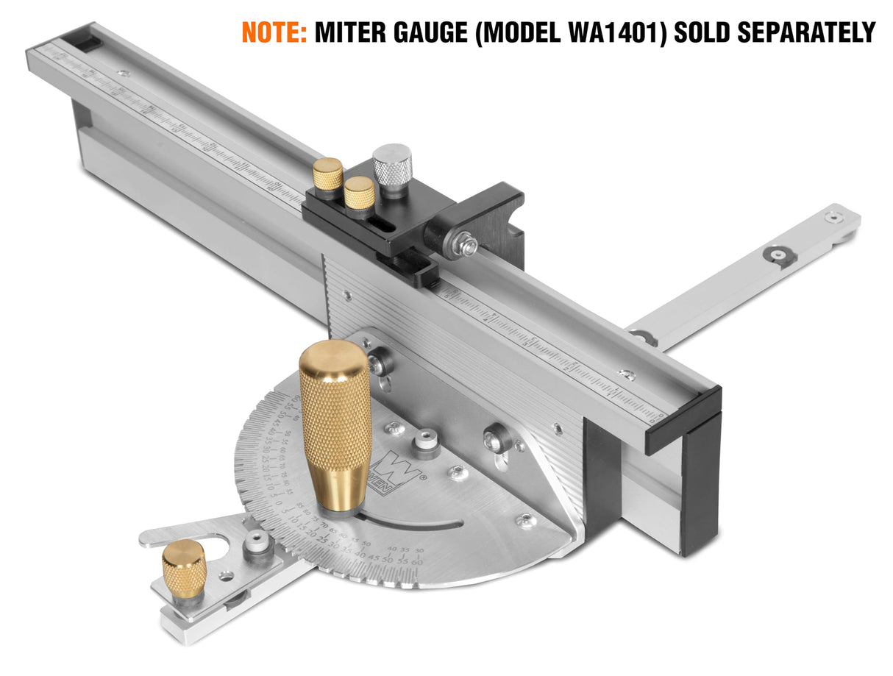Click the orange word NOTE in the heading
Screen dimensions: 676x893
pyautogui.click(x=274, y=32)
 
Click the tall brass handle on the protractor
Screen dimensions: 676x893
pyautogui.click(x=335, y=423)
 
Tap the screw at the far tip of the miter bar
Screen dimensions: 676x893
pyautogui.click(x=833, y=216)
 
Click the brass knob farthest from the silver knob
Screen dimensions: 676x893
pyautogui.click(x=328, y=174)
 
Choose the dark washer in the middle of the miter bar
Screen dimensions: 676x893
pyautogui.click(x=778, y=254)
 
